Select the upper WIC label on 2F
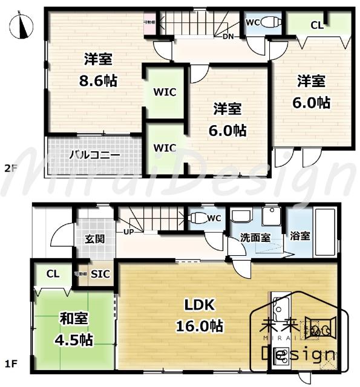coord(164,93)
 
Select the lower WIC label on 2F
coord(164,148)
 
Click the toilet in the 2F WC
coord(273,23)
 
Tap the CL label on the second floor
coord(316,25)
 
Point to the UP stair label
coord(128,232)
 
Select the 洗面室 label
coord(257,238)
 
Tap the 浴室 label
coord(300,235)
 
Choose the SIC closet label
coord(100,273)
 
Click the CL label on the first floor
coord(53,273)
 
